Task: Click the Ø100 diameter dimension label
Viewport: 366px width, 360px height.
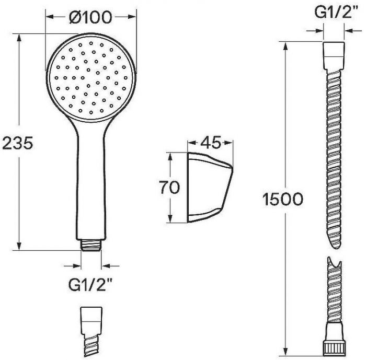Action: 90,17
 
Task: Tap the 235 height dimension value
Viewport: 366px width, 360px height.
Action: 18,143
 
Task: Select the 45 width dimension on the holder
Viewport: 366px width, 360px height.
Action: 211,142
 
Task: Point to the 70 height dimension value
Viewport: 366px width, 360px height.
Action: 169,187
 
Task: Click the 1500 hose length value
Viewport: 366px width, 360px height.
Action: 283,199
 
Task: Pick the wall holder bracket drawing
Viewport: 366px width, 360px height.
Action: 210,188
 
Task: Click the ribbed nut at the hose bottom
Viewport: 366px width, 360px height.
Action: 334,349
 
